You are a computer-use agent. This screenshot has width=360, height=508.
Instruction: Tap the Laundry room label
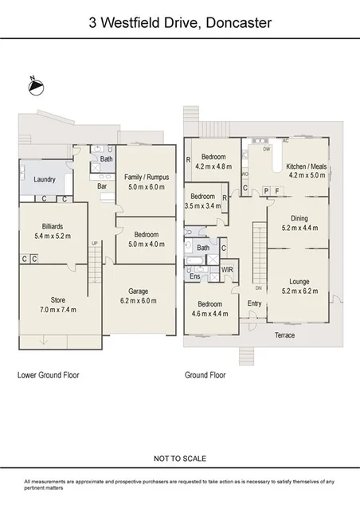(x=45, y=180)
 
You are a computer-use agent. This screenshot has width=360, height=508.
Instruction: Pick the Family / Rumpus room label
(x=146, y=182)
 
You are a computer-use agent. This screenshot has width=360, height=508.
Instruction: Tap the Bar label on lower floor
(x=103, y=186)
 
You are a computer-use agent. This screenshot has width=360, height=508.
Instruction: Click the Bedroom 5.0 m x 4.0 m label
(x=146, y=239)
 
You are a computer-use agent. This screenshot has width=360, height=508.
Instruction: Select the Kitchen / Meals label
(x=307, y=169)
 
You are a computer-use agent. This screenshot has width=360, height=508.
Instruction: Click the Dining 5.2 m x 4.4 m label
(x=298, y=223)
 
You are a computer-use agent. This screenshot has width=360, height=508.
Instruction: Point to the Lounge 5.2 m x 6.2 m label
(x=298, y=287)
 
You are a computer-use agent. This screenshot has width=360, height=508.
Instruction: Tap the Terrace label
(x=284, y=335)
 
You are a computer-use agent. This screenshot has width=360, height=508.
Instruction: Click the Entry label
(x=255, y=303)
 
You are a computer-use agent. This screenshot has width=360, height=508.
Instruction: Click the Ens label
(x=194, y=276)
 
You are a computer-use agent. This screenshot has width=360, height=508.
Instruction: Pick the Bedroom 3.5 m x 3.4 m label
(x=202, y=201)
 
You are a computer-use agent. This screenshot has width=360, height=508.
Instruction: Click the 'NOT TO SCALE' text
(x=180, y=459)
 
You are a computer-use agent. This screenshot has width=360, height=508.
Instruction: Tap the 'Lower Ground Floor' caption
(x=49, y=374)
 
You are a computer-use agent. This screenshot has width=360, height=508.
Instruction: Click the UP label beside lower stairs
(x=95, y=243)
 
